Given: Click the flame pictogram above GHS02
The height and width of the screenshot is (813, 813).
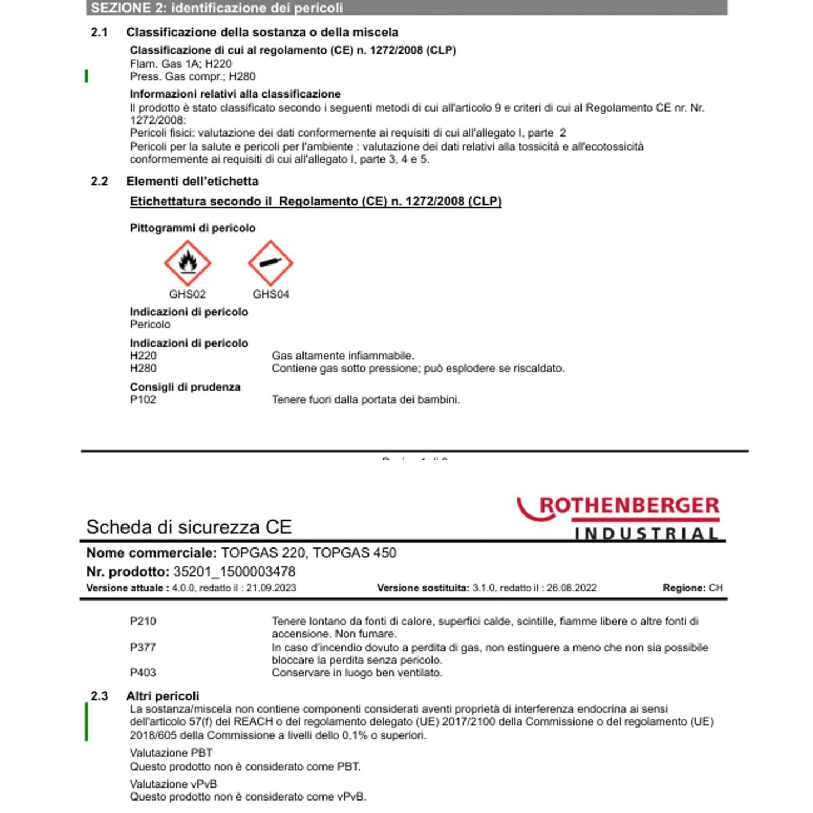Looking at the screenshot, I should pyautogui.click(x=188, y=263).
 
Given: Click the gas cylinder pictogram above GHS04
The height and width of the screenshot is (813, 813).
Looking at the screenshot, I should pyautogui.click(x=270, y=263).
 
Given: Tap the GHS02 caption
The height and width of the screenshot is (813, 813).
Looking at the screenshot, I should pyautogui.click(x=188, y=294).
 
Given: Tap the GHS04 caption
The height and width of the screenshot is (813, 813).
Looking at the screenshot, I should pyautogui.click(x=271, y=294).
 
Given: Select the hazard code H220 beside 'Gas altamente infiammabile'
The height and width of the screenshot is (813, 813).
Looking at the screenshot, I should pyautogui.click(x=143, y=356).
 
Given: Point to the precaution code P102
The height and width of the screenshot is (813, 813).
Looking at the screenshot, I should pyautogui.click(x=143, y=399).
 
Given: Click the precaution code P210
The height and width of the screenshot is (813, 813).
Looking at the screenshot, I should pyautogui.click(x=143, y=621).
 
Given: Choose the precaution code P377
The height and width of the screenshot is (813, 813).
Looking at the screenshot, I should pyautogui.click(x=143, y=647).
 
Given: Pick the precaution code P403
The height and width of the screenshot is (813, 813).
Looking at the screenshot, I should pyautogui.click(x=143, y=673).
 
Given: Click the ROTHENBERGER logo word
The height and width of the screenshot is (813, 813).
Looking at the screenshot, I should pyautogui.click(x=629, y=506).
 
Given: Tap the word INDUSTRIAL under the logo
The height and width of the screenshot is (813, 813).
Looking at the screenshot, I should pyautogui.click(x=646, y=534).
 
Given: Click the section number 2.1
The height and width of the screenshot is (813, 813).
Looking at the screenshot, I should pyautogui.click(x=99, y=33).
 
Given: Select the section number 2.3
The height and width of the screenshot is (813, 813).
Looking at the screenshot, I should pyautogui.click(x=99, y=696).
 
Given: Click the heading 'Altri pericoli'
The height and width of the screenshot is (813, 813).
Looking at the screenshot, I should pyautogui.click(x=163, y=696).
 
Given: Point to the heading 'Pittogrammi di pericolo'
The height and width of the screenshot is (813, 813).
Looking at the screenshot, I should pyautogui.click(x=192, y=228).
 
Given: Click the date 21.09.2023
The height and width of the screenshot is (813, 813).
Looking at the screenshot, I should pyautogui.click(x=271, y=588).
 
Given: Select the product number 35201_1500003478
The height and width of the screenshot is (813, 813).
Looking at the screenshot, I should pyautogui.click(x=234, y=572).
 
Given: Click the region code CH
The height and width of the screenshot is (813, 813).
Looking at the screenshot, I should pyautogui.click(x=715, y=588).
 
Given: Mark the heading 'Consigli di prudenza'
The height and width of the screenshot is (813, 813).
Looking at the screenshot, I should pyautogui.click(x=185, y=387).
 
